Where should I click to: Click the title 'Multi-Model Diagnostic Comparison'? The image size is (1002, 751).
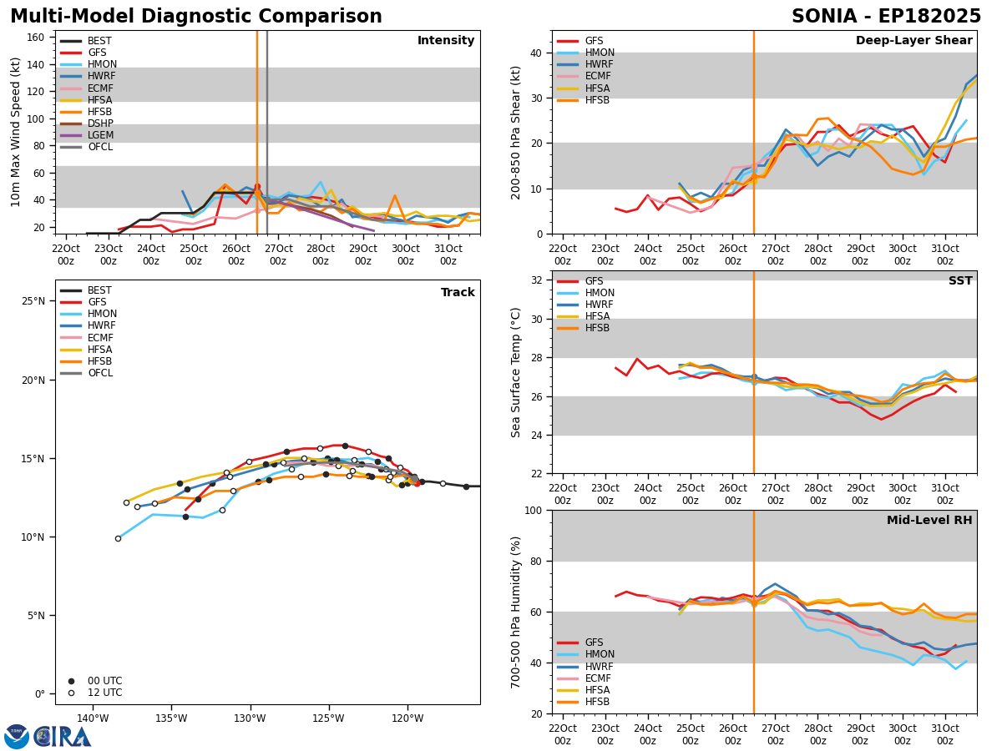click(x=196, y=16)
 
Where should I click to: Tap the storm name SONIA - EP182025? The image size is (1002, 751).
click(x=886, y=16)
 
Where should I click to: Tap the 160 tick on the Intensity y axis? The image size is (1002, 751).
click(x=36, y=38)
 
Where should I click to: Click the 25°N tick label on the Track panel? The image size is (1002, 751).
click(x=33, y=301)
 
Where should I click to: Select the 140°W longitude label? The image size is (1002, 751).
click(x=93, y=718)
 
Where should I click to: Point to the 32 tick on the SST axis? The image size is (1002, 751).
click(x=537, y=280)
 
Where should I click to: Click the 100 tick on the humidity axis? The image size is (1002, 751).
click(x=534, y=510)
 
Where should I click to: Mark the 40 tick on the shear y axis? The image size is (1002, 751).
click(x=537, y=53)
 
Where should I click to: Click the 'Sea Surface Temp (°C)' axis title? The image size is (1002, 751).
click(x=515, y=372)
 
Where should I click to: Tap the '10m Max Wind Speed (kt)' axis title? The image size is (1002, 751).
click(x=15, y=132)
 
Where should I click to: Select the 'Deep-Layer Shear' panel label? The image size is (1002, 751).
click(x=913, y=40)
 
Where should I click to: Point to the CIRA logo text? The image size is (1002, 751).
click(x=62, y=737)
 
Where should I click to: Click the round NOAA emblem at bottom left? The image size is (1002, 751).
click(x=16, y=737)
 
